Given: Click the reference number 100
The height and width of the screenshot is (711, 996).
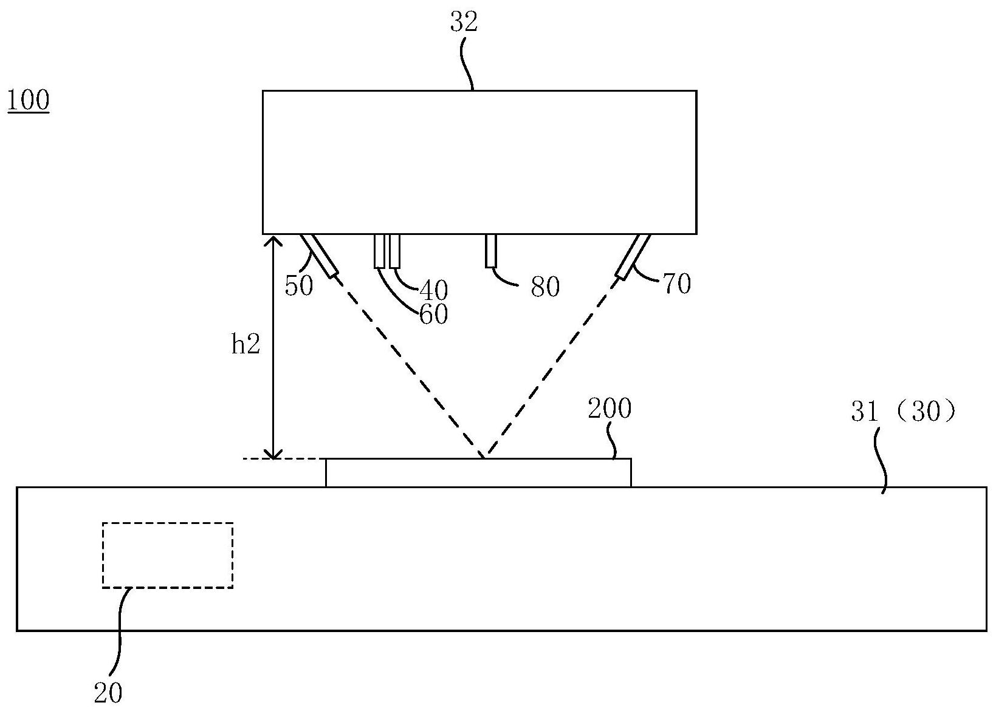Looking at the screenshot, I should point(28,101).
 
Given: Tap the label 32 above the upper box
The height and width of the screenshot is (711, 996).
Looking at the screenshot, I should point(464,22).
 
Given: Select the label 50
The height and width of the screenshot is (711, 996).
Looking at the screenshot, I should point(298,285).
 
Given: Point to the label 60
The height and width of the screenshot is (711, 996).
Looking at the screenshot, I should point(433,314).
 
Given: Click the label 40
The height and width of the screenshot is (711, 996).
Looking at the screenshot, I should point(434,291).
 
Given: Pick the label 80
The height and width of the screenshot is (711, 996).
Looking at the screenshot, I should point(544,287).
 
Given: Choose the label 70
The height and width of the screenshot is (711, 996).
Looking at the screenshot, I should point(677,284).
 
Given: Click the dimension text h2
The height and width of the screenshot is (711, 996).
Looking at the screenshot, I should point(246,345).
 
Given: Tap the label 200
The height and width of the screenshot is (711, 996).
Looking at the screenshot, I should point(610,409).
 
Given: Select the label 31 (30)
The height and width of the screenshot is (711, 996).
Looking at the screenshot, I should point(904,412).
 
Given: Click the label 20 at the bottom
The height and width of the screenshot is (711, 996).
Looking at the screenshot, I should point(108,692).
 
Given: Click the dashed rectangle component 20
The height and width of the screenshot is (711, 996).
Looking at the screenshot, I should point(167,554).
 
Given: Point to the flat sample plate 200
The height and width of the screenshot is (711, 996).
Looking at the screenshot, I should point(478,472).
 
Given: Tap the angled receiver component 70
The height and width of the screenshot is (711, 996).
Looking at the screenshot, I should point(634,256).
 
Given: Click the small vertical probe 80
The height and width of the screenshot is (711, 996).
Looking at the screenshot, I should point(491,250).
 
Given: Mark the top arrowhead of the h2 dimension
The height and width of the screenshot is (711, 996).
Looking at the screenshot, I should point(275,239).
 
